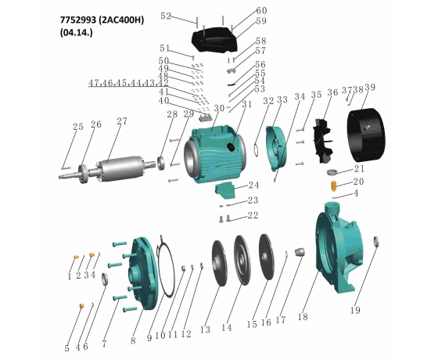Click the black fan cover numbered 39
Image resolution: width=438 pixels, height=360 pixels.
point(365,135)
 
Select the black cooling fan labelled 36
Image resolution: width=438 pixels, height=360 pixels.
point(322,141)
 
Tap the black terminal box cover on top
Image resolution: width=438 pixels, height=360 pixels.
point(214,40)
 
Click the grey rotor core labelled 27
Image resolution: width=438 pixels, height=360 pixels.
point(120,168)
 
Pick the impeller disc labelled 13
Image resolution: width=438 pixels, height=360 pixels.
point(220,263)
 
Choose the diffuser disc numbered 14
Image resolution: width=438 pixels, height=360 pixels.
point(242,260)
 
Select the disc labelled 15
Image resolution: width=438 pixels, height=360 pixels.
point(267,257)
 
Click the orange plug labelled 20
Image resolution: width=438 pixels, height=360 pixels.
point(333,185)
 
